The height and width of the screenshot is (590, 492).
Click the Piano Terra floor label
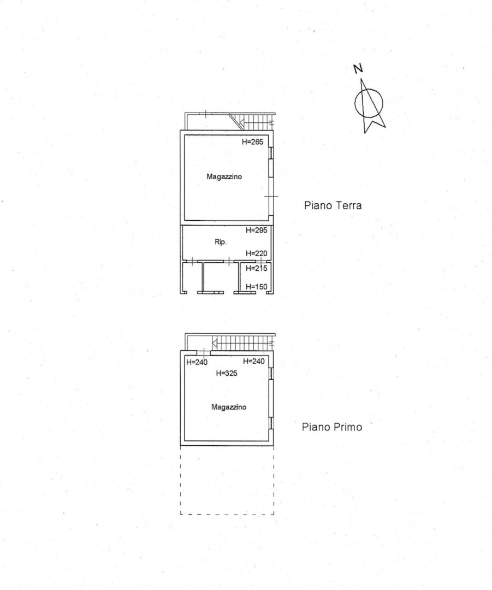click(333, 205)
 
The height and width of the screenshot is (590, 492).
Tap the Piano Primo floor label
click(332, 427)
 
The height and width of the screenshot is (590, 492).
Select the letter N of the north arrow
click(358, 68)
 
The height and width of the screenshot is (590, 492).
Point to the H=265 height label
click(252, 142)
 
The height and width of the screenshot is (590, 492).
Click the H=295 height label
click(257, 230)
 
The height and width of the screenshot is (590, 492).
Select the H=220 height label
click(257, 253)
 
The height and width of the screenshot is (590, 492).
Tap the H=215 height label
click(257, 268)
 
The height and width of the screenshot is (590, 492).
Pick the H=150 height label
click(257, 287)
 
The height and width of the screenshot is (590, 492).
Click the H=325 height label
click(227, 373)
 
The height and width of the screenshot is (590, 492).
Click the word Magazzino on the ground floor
click(224, 176)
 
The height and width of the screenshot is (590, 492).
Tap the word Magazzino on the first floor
click(229, 407)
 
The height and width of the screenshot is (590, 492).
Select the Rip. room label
click(221, 242)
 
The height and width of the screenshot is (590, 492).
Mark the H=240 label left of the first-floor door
click(197, 362)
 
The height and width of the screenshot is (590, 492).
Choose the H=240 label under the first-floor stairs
click(254, 361)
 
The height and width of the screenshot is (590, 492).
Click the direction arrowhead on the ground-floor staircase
click(241, 122)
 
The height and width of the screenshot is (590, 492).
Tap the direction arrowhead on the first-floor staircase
click(215, 343)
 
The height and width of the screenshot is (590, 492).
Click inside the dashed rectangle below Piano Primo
click(227, 480)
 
